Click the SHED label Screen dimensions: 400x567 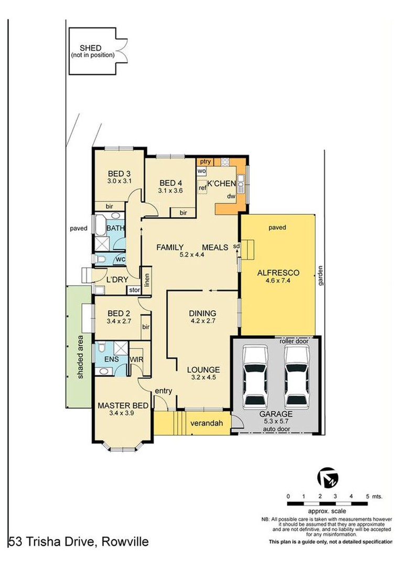(91, 48)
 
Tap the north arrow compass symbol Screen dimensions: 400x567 (328, 477)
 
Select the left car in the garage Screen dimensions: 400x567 (255, 375)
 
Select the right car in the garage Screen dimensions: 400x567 (296, 375)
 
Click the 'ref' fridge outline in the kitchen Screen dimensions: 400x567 (202, 187)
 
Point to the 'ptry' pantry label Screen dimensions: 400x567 (206, 161)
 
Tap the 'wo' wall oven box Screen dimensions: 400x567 (202, 171)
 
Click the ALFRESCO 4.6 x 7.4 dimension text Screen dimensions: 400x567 (278, 280)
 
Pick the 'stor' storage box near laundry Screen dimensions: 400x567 (134, 290)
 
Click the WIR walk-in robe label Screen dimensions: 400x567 (136, 360)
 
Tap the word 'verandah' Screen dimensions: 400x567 (207, 423)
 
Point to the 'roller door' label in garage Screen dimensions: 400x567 (294, 341)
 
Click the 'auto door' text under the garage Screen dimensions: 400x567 (276, 429)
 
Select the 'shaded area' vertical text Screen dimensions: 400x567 (80, 357)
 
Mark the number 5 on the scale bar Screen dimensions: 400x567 (367, 496)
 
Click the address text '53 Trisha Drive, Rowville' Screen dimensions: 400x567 (79, 542)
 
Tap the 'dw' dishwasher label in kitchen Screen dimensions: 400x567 (231, 196)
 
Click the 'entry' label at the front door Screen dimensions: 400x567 (164, 391)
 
